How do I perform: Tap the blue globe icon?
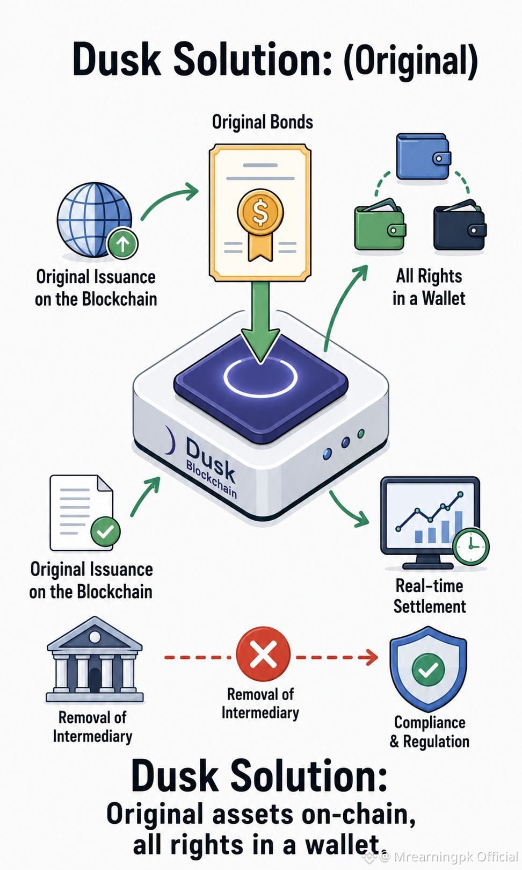pyautogui.click(x=95, y=219)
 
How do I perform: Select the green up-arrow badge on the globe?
pyautogui.click(x=122, y=243)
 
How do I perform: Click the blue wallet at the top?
pyautogui.click(x=424, y=156)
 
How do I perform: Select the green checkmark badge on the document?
pyautogui.click(x=105, y=531)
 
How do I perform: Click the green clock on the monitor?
pyautogui.click(x=471, y=546)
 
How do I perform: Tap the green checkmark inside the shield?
pyautogui.click(x=428, y=670)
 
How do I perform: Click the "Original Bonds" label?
pyautogui.click(x=263, y=122)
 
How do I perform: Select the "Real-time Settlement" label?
pyautogui.click(x=429, y=596)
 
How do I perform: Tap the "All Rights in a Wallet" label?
pyautogui.click(x=429, y=287)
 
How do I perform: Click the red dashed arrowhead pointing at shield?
pyautogui.click(x=372, y=658)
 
